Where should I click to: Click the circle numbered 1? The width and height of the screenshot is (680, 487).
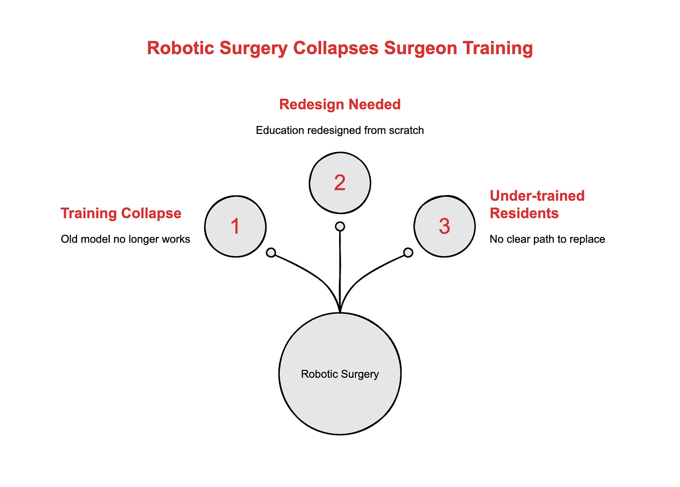click(235, 226)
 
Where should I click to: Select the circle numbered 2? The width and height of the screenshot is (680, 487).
click(340, 182)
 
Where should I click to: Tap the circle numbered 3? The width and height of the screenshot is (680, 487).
click(445, 226)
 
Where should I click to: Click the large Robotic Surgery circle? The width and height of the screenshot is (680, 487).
click(340, 374)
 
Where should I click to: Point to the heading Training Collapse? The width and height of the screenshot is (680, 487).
click(121, 213)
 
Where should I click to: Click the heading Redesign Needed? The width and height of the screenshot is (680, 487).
click(340, 104)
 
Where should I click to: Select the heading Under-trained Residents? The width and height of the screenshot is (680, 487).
click(537, 204)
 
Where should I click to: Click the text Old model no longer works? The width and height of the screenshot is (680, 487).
click(126, 239)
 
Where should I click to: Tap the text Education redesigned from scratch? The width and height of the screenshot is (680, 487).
click(340, 130)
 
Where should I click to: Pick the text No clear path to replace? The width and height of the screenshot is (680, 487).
click(547, 239)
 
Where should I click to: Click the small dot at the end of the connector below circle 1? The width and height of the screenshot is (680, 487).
click(271, 253)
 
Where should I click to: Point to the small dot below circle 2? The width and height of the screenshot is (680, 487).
click(340, 226)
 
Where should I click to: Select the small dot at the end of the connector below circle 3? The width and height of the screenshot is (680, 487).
click(408, 252)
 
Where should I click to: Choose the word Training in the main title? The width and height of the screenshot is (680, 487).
click(496, 49)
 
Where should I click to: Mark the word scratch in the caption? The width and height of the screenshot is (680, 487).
click(407, 130)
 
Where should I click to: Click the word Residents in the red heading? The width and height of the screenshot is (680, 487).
click(524, 213)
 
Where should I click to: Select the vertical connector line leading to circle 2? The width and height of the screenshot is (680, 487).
click(340, 271)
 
